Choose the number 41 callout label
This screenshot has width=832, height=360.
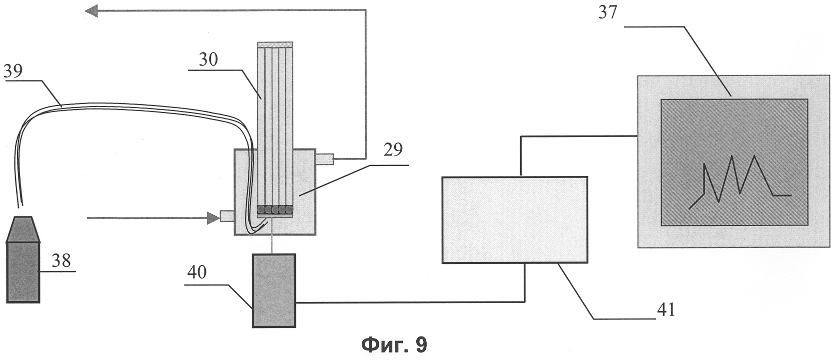click(x=666, y=309)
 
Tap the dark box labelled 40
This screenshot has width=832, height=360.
click(x=273, y=290)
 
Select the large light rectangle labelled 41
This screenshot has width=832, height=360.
click(x=514, y=219)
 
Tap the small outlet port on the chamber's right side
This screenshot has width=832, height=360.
click(x=324, y=159)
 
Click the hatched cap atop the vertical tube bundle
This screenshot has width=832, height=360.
click(x=274, y=44)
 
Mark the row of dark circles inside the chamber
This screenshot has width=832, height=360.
click(x=274, y=210)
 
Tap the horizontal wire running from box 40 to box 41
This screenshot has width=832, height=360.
click(x=410, y=302)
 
